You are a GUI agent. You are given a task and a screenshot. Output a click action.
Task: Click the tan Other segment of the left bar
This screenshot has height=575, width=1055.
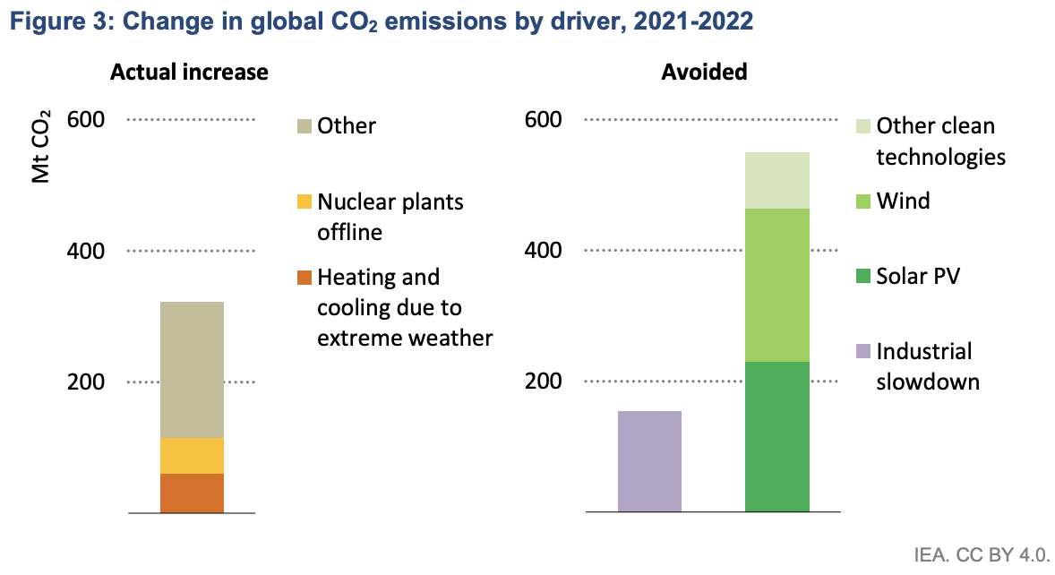[x=192, y=369]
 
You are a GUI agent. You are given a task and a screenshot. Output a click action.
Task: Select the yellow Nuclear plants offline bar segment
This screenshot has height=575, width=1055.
[x=192, y=456]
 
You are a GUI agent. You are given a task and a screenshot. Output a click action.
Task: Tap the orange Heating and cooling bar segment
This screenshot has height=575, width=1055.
[x=192, y=493]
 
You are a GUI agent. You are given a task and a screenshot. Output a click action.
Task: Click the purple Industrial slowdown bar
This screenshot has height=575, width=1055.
[x=649, y=461]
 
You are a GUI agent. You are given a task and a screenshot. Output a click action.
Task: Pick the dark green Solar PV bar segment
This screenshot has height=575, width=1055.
[x=777, y=436]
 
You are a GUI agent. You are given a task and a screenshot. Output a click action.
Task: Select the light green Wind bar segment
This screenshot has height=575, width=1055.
[x=777, y=285]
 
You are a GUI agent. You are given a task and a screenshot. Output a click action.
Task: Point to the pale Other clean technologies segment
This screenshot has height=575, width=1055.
[x=777, y=180]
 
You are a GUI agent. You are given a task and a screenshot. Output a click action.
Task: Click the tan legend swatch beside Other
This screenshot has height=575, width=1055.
[x=304, y=126]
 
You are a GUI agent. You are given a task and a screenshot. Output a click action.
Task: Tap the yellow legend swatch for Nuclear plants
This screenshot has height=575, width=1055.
[x=304, y=202]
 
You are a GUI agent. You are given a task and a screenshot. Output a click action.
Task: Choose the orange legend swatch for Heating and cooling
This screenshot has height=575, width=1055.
[x=304, y=279]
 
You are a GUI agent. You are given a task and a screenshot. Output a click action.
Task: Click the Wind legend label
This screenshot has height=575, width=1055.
[x=903, y=201]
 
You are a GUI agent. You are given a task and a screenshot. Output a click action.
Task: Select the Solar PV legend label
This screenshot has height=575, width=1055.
[x=918, y=277]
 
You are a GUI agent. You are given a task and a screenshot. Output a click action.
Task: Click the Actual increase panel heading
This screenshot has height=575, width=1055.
[x=189, y=73]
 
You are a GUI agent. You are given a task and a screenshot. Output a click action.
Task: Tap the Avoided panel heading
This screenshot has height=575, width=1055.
[x=704, y=73]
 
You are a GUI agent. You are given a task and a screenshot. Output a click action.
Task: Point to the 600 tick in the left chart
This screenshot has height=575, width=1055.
[x=86, y=120]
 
